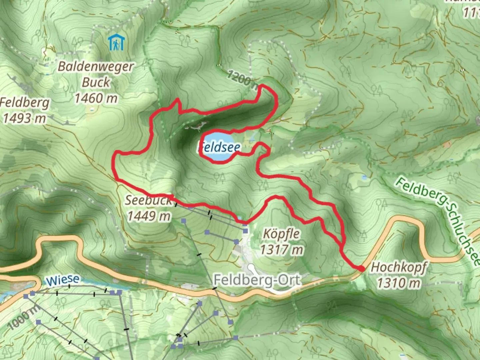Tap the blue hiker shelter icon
tap(116, 43)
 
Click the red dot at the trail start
tap(361, 268)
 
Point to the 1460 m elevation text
tap(96, 98)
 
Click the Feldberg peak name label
tap(25, 103)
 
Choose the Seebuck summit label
tap(148, 200)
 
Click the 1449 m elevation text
tap(149, 216)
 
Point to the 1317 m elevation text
tap(282, 249)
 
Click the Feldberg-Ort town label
tap(257, 280)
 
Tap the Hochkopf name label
tap(399, 267)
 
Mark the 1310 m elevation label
tap(399, 283)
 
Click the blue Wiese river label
tap(63, 280)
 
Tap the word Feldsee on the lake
tap(219, 147)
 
